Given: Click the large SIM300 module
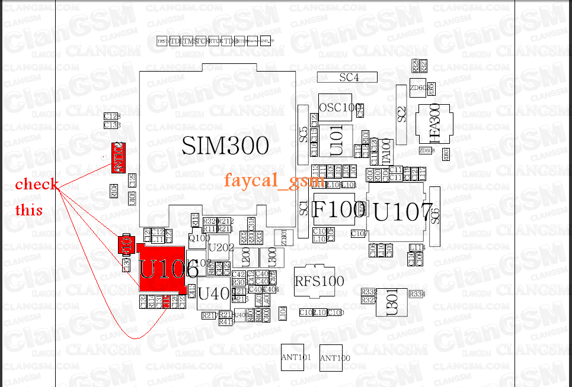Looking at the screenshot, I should pos(225,146).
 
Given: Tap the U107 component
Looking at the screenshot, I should pos(403,212).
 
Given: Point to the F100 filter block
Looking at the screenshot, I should pos(339,209).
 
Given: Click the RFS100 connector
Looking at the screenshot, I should pos(319,281).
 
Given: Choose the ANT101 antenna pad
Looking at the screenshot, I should pos(296,357).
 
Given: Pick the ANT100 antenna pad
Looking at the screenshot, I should pos(335,358).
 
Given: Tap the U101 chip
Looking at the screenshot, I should pos(336,141).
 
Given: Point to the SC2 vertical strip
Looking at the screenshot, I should pos(402,114).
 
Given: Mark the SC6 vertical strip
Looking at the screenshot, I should pos(436,217).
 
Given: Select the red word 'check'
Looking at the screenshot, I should pos(37,184).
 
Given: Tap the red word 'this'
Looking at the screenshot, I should pos(29,209).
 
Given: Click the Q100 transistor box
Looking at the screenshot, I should pos(199,238).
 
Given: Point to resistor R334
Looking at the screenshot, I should pos(418,294).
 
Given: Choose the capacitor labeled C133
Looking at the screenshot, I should pos(112,125).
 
